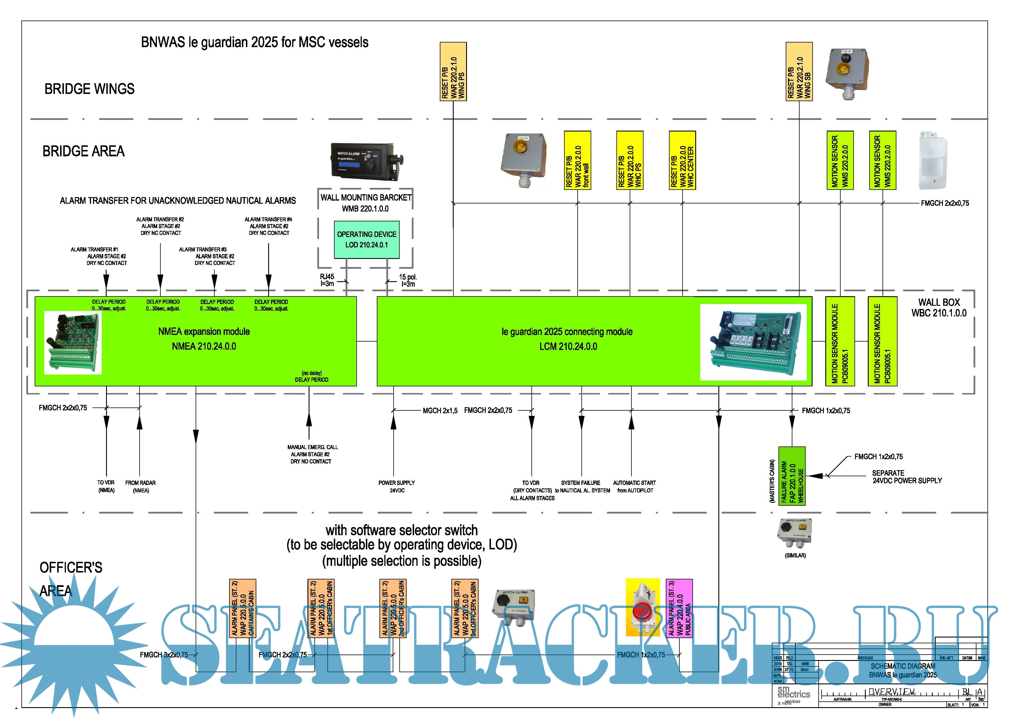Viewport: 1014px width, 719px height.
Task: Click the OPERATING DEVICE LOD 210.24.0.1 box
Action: pos(366,240)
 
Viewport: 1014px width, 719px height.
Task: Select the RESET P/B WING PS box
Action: pos(453,71)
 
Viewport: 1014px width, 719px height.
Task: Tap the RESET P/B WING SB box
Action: pos(799,71)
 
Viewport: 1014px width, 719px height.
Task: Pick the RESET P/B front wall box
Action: pos(577,160)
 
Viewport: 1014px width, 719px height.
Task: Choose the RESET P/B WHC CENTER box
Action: pos(682,160)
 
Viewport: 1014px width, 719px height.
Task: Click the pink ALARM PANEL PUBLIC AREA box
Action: pos(679,608)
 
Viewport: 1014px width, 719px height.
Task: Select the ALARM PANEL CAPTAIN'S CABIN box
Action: pos(242,608)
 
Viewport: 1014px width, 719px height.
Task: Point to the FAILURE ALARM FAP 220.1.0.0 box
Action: pos(792,476)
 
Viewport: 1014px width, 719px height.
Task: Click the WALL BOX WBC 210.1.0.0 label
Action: pos(938,307)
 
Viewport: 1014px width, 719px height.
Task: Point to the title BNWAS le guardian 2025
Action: pos(255,42)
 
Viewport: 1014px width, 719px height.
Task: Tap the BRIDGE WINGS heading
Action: pos(89,89)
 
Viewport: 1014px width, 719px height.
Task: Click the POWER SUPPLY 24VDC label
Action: pos(396,486)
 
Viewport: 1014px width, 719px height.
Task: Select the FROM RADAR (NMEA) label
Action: pos(140,486)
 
